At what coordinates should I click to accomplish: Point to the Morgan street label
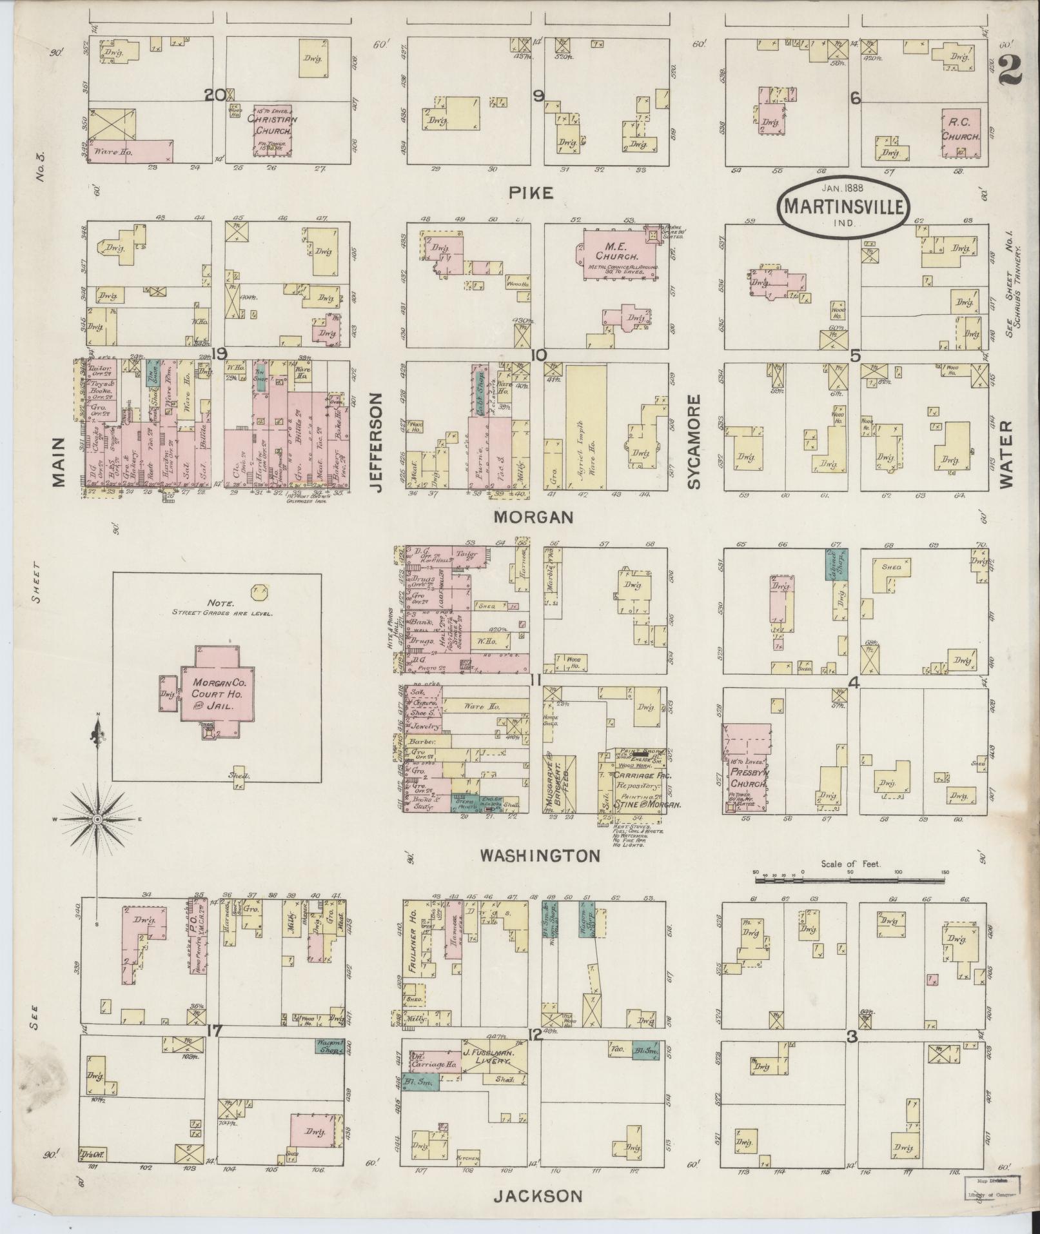click(533, 517)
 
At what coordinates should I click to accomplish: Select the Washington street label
click(540, 856)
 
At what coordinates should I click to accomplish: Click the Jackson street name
click(538, 1196)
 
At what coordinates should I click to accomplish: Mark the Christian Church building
click(271, 130)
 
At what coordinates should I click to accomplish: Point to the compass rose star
click(97, 819)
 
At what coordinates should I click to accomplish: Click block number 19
click(219, 353)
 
